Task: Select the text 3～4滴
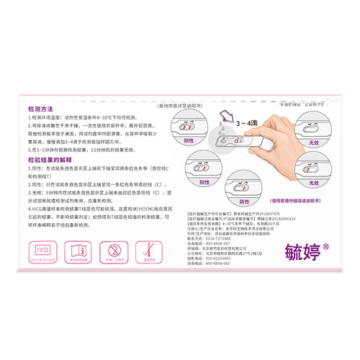(x=248, y=125)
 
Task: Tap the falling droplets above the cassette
(x=230, y=130)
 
